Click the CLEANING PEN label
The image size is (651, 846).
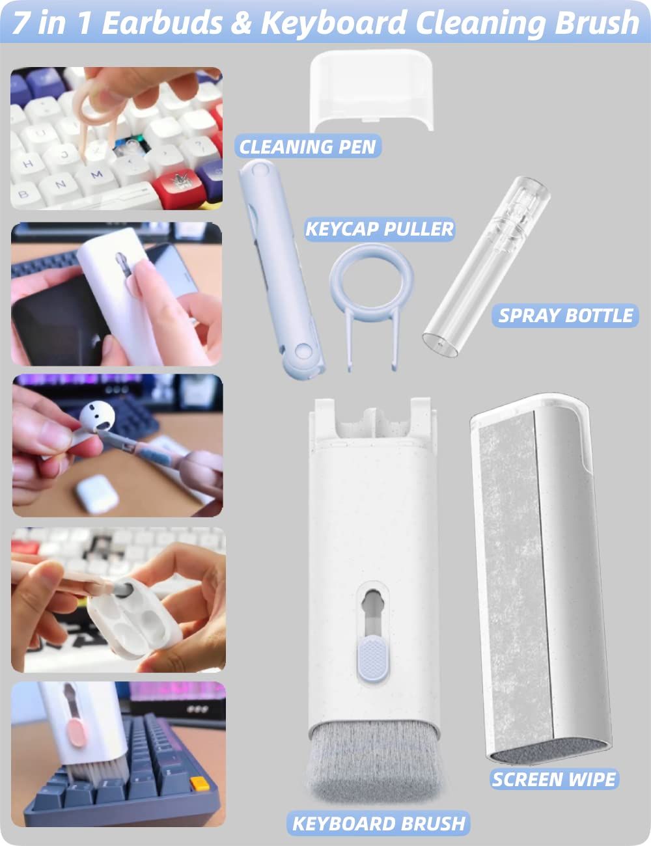[x=307, y=146]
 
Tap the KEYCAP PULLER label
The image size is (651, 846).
[x=380, y=229]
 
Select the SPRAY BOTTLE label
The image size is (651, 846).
[x=565, y=316]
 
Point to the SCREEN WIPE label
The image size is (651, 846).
[x=553, y=779]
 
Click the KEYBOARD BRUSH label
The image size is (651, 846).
[x=378, y=823]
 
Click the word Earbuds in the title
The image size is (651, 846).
[x=163, y=23]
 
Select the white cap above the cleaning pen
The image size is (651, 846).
[x=371, y=90]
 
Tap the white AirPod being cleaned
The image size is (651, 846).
[x=96, y=416]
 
